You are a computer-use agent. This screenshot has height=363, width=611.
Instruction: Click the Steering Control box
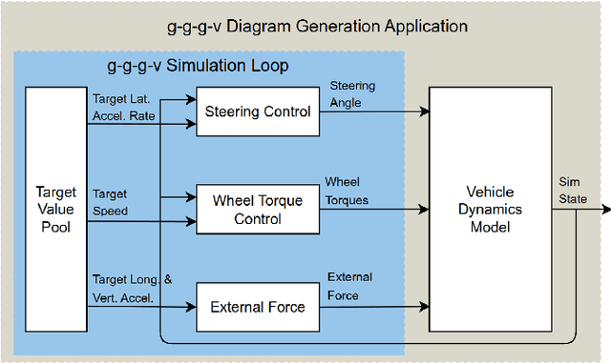[258, 111]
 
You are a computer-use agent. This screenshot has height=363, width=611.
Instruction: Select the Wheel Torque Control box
[258, 209]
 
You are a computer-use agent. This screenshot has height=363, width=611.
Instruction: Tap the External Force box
[258, 307]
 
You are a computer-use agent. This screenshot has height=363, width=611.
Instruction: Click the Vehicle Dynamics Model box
[489, 208]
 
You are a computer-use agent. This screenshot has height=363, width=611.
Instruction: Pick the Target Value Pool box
[55, 208]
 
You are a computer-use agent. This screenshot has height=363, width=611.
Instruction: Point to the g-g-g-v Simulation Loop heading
[196, 66]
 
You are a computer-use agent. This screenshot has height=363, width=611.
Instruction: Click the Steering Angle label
[352, 94]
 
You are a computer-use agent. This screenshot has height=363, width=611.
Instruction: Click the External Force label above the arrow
[349, 285]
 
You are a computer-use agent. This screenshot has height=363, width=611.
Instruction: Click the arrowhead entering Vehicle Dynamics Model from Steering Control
[424, 111]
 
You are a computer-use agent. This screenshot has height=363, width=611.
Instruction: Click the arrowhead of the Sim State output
[604, 209]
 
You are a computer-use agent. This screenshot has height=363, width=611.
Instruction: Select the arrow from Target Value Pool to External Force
[143, 307]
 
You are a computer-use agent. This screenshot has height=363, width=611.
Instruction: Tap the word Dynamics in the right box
[489, 208]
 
